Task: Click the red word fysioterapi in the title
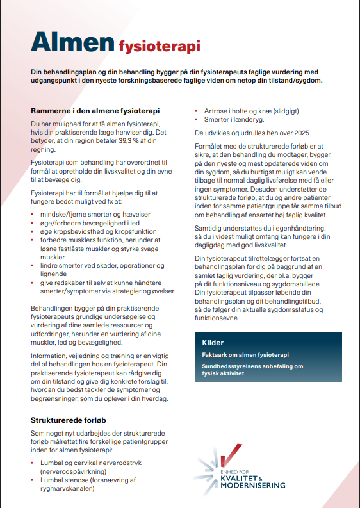(x=159, y=45)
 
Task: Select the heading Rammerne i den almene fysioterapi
(x=95, y=110)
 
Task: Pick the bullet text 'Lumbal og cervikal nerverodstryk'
(x=100, y=462)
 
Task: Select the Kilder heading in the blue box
(x=213, y=342)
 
